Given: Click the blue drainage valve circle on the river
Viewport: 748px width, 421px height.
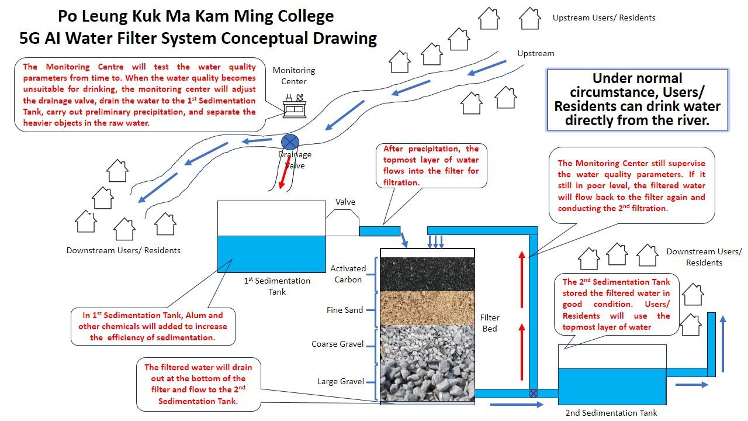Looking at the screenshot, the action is coord(290,142).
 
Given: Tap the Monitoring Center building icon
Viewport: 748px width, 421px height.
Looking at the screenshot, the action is coord(295,106).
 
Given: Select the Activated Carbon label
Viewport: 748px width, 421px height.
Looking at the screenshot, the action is coord(348,274).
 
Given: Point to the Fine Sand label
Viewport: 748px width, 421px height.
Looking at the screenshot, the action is coord(345,310).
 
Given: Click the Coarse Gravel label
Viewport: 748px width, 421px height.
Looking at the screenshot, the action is coord(337,344).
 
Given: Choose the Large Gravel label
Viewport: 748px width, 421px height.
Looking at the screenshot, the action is coord(341,381).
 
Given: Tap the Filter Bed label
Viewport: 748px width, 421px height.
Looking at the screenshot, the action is coord(490,323).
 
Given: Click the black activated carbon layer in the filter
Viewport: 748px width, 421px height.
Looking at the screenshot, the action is coord(427,274).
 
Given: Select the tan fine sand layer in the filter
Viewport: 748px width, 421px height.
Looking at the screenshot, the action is coord(427,308).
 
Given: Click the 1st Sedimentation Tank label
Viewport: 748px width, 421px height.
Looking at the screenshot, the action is coord(277,287).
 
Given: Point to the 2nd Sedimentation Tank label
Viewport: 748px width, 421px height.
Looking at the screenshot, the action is coord(611,413).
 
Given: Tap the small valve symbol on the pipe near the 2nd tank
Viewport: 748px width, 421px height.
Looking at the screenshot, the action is coord(534,394).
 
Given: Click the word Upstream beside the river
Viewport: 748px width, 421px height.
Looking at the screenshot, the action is coord(536,53).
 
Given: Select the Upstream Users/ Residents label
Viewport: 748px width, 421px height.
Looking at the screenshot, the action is coord(604,18).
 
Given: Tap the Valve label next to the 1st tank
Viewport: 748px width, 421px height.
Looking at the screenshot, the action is coord(345,202).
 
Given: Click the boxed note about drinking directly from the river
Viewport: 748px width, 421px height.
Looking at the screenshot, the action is coord(637,99).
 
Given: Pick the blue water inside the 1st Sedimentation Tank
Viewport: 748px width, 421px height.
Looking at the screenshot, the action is coord(272,254).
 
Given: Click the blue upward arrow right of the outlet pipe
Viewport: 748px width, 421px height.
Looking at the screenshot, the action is coord(723,343).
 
